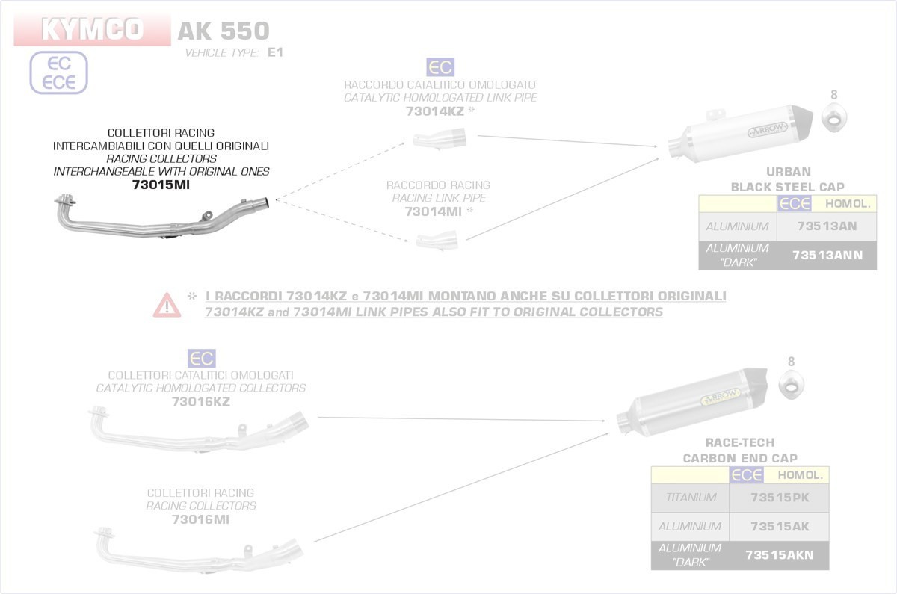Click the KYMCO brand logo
click(x=91, y=30)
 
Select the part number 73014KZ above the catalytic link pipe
click(x=435, y=111)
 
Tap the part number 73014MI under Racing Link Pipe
click(x=434, y=211)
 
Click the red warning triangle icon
click(x=167, y=305)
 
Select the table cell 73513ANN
click(x=827, y=255)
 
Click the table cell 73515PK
click(x=779, y=498)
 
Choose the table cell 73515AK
click(x=779, y=527)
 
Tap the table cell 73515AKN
click(x=779, y=555)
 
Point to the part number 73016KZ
click(x=200, y=402)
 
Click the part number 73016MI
click(x=200, y=519)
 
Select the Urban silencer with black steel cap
click(x=740, y=134)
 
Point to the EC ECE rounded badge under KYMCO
click(x=59, y=73)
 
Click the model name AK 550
click(x=223, y=31)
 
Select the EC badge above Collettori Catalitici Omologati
click(x=200, y=358)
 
